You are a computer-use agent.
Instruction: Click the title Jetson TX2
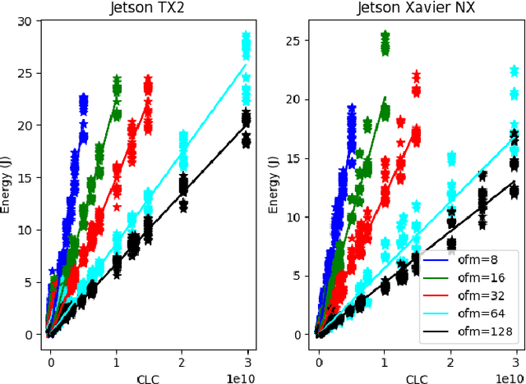point(150,9)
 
